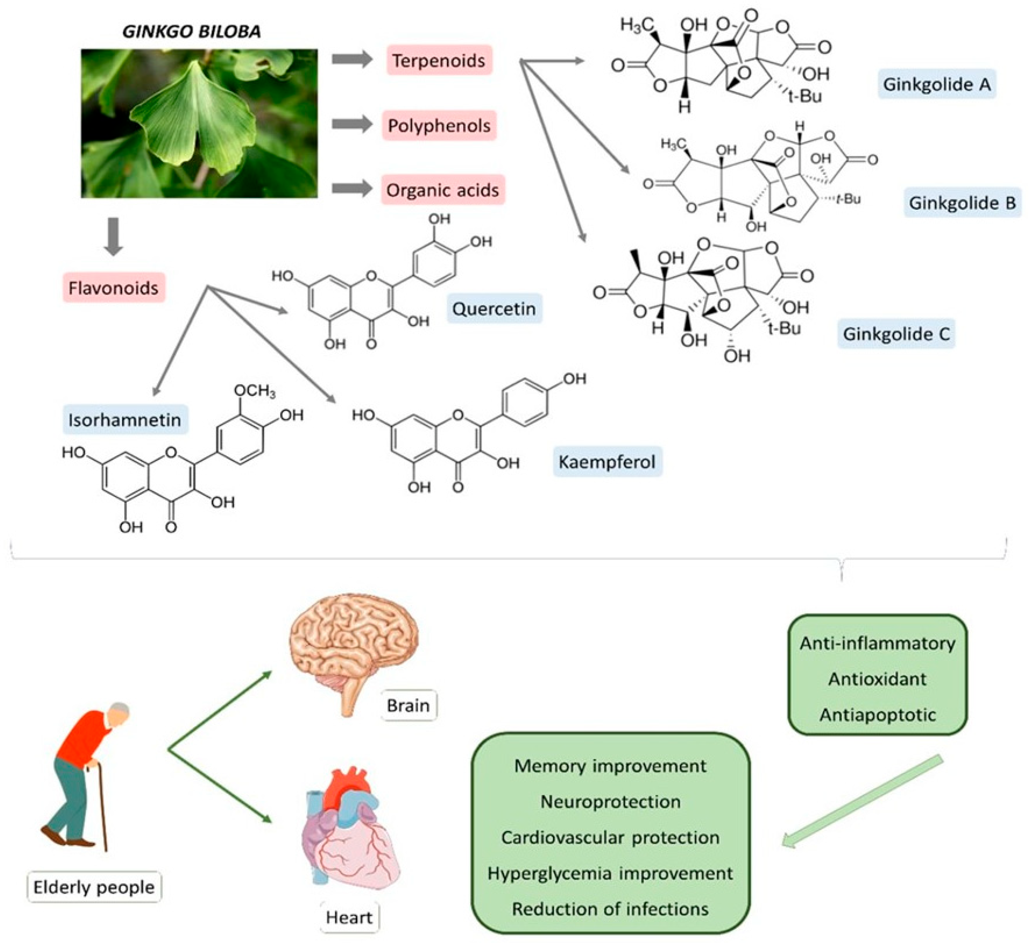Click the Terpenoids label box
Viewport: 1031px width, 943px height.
(439, 60)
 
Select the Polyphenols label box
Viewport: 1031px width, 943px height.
(439, 125)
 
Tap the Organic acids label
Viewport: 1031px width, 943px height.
(442, 190)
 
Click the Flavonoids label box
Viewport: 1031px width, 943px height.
(114, 288)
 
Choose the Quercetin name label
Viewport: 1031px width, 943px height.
(494, 309)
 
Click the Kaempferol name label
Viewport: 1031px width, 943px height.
(607, 462)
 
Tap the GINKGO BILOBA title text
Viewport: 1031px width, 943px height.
(192, 32)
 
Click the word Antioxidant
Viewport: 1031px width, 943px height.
(877, 679)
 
